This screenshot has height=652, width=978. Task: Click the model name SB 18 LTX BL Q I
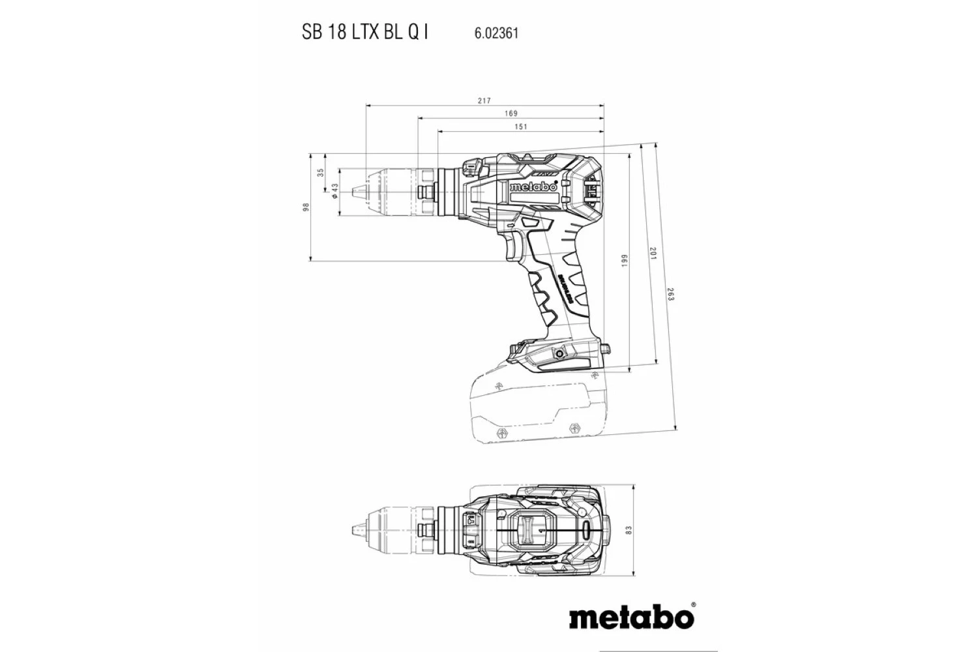365,33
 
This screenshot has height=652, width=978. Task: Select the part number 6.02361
492,33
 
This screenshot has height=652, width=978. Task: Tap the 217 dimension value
484,101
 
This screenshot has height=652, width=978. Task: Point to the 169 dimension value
511,114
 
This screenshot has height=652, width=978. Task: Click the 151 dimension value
520,127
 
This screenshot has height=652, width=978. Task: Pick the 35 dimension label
320,173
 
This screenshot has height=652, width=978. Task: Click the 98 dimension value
305,207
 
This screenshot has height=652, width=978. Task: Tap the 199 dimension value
624,261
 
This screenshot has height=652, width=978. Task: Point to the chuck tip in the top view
357,530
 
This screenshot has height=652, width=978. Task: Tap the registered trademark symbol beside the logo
693,605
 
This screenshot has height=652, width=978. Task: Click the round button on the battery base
558,353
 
